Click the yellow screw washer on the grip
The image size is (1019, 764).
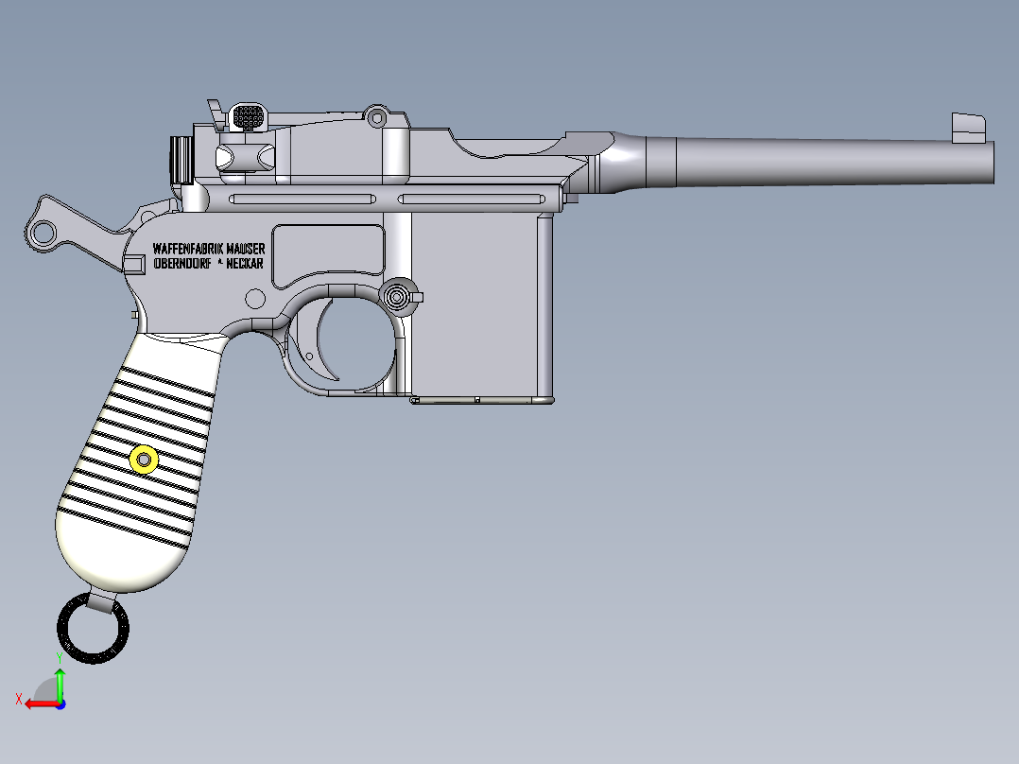tap(144, 460)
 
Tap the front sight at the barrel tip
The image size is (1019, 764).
tap(967, 127)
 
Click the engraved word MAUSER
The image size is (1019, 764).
tap(246, 248)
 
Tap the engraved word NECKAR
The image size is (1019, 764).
tap(245, 265)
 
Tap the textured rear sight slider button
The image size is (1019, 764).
tap(248, 117)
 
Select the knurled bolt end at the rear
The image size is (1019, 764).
tap(181, 160)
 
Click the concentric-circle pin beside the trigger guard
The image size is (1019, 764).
tap(398, 296)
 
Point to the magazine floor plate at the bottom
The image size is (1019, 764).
tap(482, 401)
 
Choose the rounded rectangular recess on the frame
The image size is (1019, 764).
tap(328, 255)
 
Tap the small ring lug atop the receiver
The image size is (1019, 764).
tap(377, 117)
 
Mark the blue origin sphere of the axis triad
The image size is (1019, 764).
tap(60, 703)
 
